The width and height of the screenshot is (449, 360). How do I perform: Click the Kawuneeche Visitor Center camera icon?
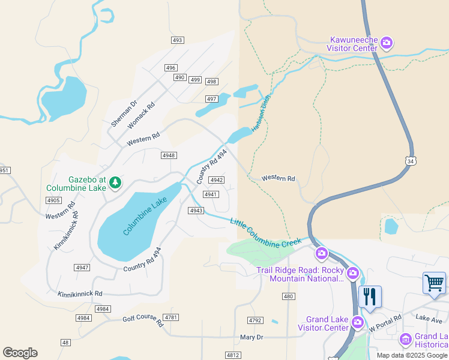387,43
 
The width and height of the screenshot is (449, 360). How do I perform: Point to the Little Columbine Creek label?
266,234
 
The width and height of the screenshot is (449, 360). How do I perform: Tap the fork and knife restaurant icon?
369,296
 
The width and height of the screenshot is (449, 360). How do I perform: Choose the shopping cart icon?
434,282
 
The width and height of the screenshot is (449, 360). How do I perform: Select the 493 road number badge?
176,40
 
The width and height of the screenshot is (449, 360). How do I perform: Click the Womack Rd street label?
142,113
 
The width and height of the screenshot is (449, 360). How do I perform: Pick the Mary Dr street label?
252,337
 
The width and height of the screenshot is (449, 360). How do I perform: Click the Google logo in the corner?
20,353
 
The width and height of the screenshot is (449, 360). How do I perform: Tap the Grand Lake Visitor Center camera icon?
358,322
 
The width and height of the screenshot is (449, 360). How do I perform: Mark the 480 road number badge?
288,296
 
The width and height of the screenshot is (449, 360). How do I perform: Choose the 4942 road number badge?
217,180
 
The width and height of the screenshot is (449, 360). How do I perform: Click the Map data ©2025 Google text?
412,355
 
